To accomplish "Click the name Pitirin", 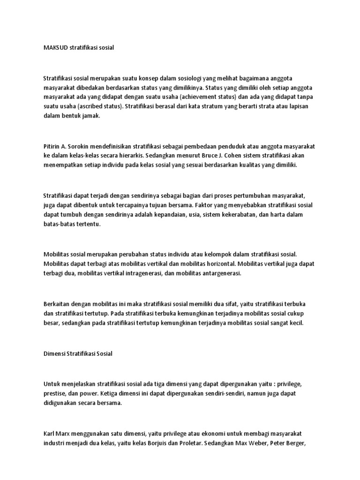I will pos(52,147).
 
